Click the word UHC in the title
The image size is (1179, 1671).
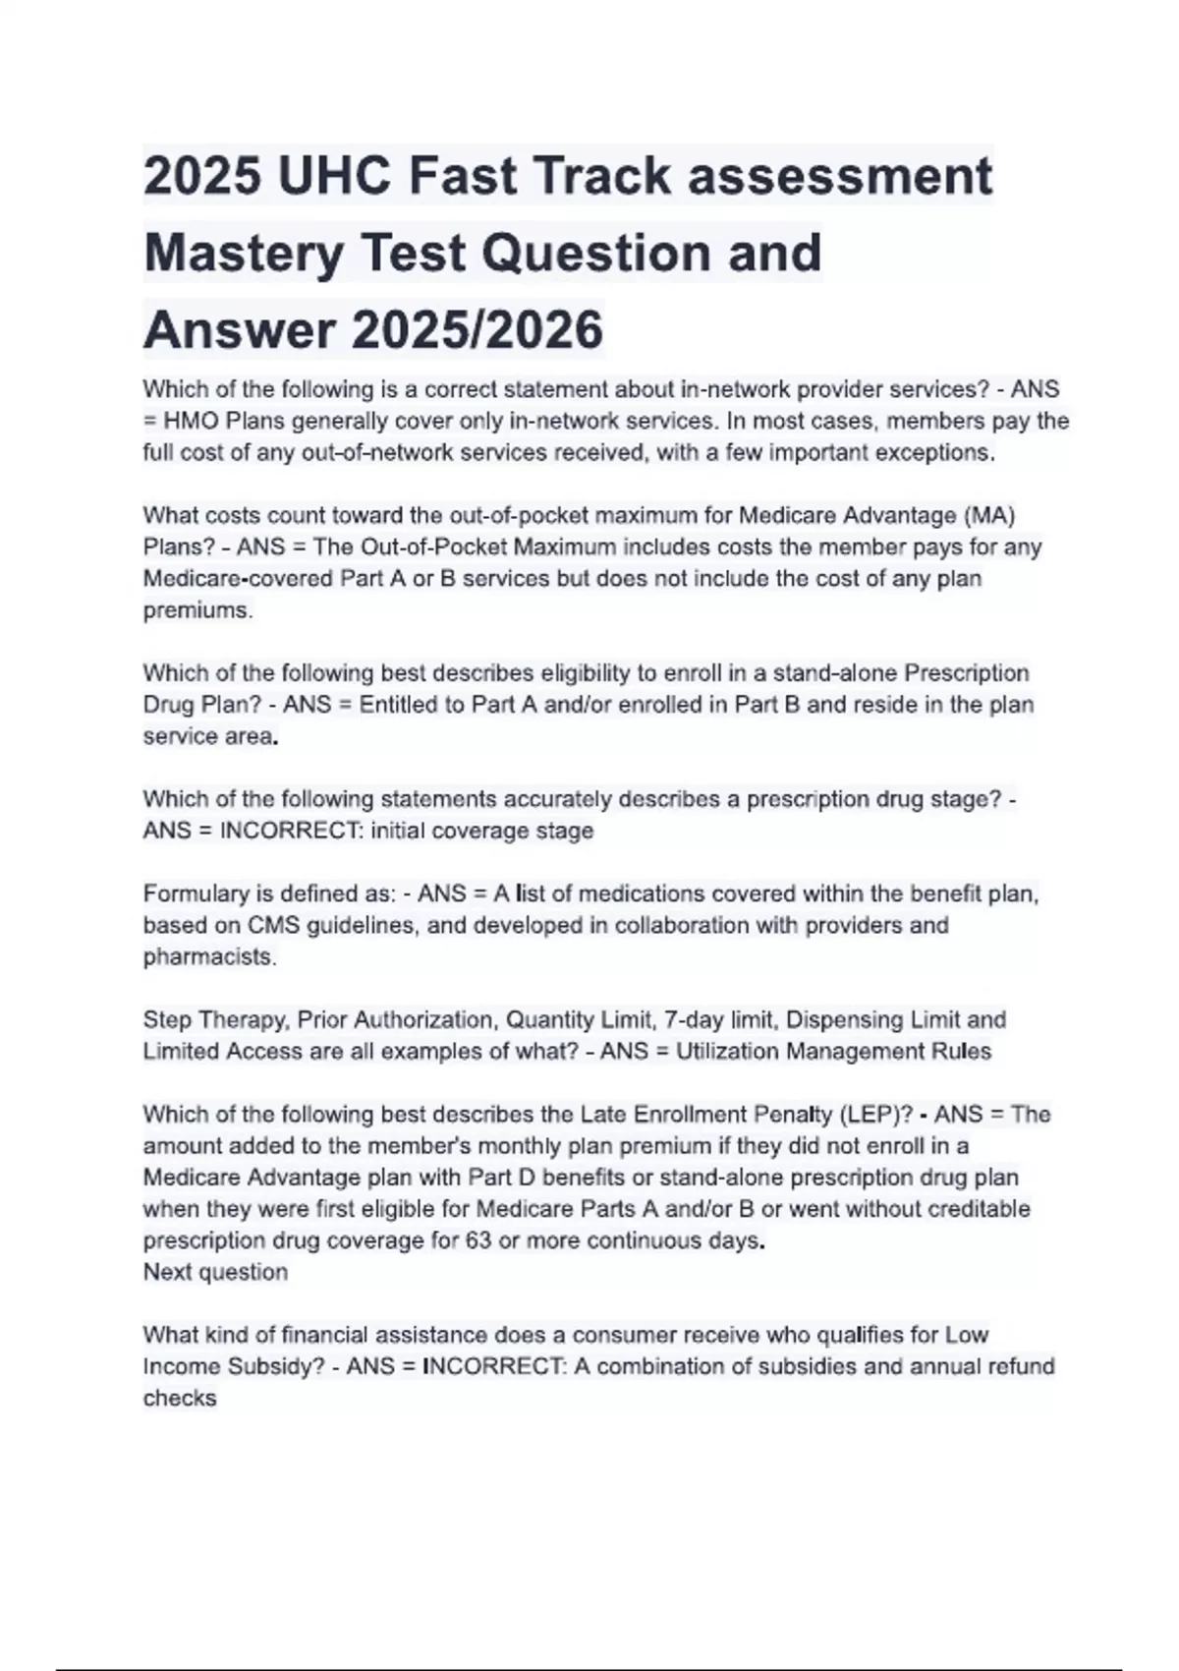point(334,177)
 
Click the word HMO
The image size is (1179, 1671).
point(192,422)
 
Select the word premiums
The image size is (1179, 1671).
point(197,610)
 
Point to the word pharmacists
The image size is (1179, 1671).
point(209,956)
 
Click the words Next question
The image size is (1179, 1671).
point(215,1272)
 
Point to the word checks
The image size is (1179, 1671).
point(180,1398)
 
